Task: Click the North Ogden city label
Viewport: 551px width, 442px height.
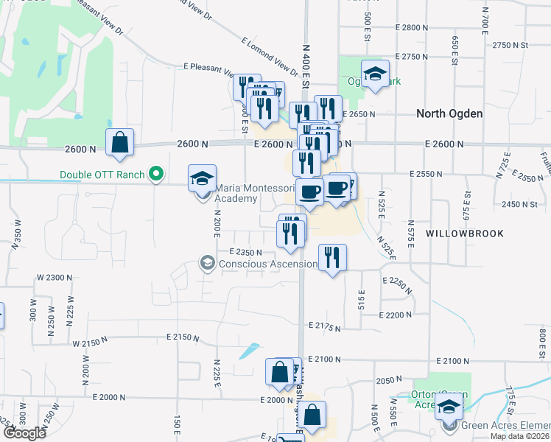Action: [449, 113]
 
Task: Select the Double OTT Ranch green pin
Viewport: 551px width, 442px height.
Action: [155, 175]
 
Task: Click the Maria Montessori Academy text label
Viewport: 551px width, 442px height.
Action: [245, 193]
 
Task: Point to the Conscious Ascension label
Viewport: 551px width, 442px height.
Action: [262, 263]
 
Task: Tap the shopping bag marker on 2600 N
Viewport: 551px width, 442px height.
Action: [119, 143]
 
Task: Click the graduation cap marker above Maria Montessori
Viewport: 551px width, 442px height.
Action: [202, 178]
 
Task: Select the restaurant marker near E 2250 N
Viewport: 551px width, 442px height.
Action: [332, 258]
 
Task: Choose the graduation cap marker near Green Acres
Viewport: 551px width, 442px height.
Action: [449, 406]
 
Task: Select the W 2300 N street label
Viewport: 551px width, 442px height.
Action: [55, 277]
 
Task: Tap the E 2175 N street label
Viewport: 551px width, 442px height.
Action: [326, 325]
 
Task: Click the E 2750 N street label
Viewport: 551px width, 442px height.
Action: [412, 57]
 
